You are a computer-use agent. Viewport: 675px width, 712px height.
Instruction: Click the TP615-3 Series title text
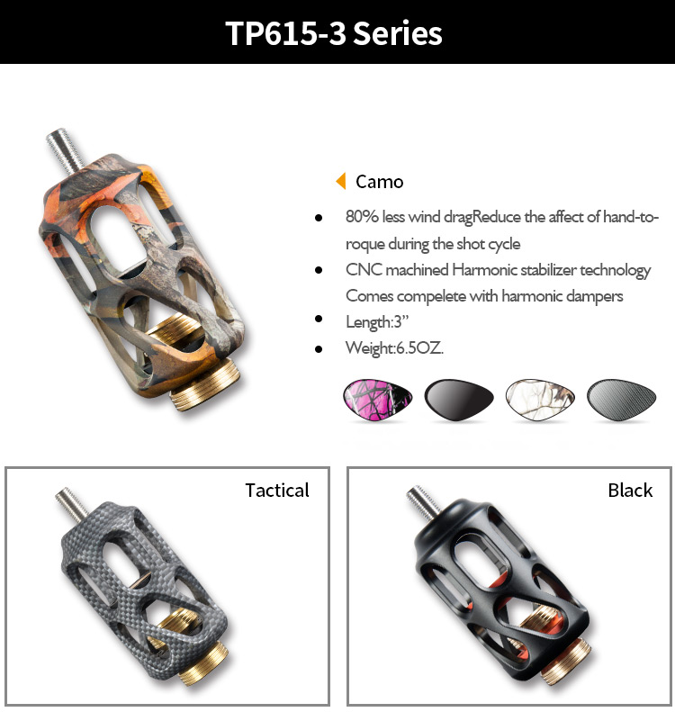tap(334, 33)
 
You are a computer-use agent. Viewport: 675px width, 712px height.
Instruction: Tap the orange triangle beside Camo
tap(341, 181)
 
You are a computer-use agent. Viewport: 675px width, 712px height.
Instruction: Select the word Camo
tap(380, 182)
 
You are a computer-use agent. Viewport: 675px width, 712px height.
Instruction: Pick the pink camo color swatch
tap(378, 398)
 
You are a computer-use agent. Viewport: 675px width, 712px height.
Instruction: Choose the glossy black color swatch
tap(458, 398)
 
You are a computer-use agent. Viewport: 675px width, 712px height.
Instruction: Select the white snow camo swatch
tap(540, 398)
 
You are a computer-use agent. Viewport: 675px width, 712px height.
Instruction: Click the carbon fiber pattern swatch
tap(620, 398)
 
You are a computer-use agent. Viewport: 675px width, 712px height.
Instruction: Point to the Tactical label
tap(277, 491)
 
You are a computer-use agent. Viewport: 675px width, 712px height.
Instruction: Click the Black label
tap(630, 491)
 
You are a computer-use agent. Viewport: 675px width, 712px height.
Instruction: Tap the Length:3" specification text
tap(377, 322)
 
